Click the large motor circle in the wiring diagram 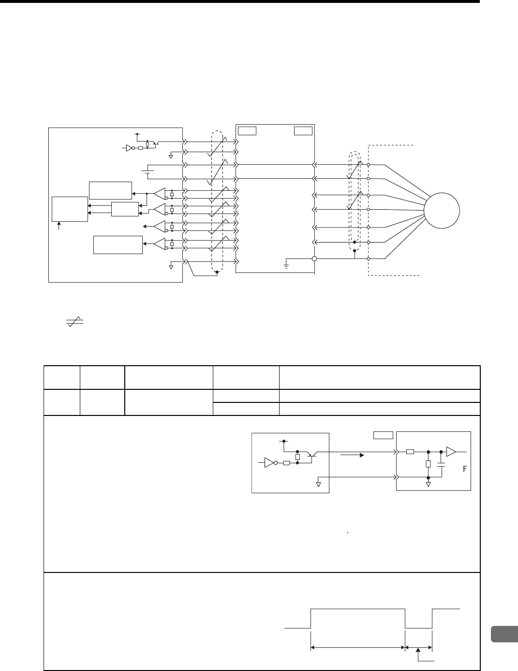click(442, 211)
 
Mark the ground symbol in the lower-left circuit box click(318, 483)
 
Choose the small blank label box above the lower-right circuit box click(383, 435)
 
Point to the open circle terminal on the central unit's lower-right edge click(314, 259)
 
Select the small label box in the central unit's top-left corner click(247, 131)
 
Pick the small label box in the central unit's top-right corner click(303, 131)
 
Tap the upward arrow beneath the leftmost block click(59, 226)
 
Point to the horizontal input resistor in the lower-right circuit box click(410, 452)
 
